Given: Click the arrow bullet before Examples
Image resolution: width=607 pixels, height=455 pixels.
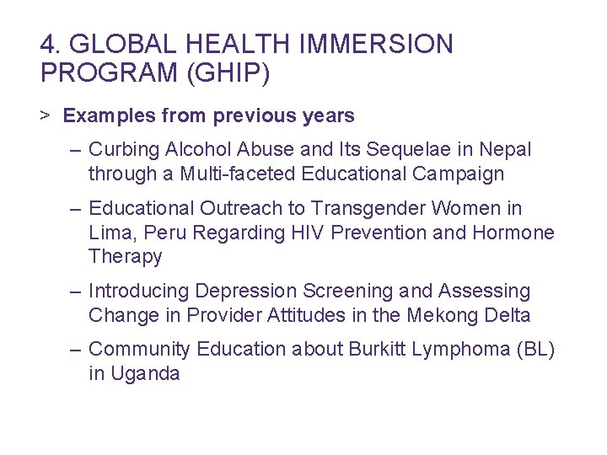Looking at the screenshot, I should pyautogui.click(x=45, y=115).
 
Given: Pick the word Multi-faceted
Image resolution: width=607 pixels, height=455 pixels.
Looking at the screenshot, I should pyautogui.click(x=218, y=174).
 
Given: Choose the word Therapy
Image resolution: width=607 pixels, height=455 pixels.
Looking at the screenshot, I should pyautogui.click(x=125, y=257).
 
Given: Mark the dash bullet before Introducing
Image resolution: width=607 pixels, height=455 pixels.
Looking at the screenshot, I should pyautogui.click(x=77, y=292).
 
